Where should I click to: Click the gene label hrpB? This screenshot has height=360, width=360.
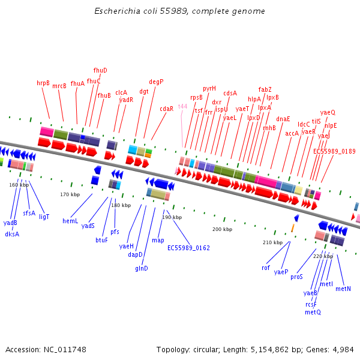[x=43, y=83]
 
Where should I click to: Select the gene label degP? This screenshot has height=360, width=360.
[x=156, y=82]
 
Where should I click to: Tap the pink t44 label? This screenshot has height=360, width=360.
[x=182, y=106]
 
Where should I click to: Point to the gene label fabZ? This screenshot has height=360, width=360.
[x=265, y=89]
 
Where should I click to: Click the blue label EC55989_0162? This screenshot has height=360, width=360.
[x=188, y=248]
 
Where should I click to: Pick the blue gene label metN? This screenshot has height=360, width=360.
[x=343, y=289]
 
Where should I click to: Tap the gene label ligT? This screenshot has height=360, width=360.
[x=44, y=217]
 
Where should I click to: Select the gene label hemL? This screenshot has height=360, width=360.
[x=70, y=221]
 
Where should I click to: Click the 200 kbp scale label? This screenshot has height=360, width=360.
[x=222, y=229]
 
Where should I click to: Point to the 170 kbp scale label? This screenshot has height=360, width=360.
[x=70, y=194]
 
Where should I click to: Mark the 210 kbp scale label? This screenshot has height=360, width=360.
[x=272, y=242]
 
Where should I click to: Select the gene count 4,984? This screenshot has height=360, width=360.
[x=342, y=349]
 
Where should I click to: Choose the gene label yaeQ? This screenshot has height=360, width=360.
[x=328, y=112]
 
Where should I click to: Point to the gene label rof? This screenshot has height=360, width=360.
[x=266, y=268]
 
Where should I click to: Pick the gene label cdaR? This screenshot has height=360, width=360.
[x=166, y=109]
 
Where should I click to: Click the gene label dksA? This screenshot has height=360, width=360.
[x=12, y=234]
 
